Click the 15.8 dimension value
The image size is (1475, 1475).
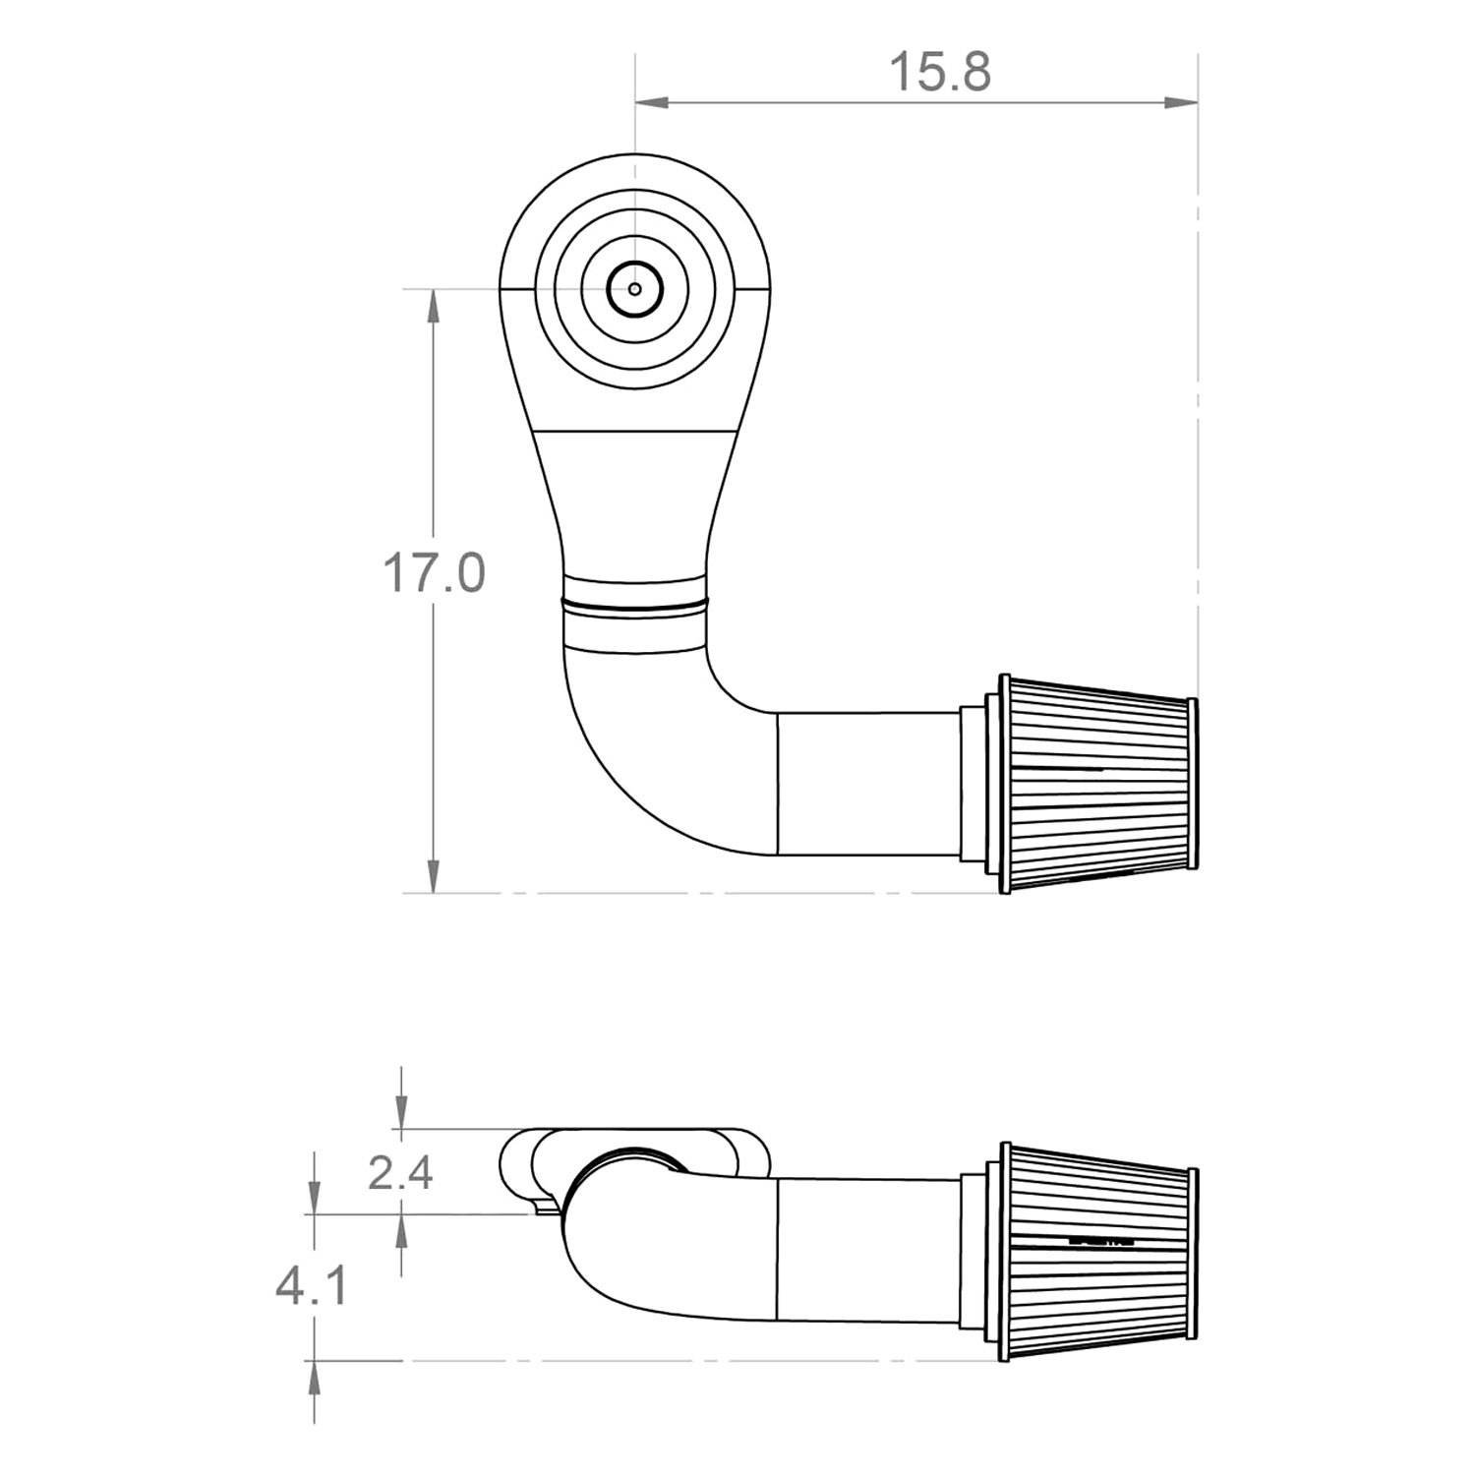coord(939,73)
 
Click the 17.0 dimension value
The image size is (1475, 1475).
coord(434,573)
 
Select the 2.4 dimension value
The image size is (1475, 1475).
coord(400,1172)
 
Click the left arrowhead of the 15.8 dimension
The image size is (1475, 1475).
coord(651,101)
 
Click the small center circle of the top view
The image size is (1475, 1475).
coord(635,289)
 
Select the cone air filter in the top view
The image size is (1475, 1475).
coord(1096,784)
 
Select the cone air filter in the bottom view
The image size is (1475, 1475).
coord(1096,1252)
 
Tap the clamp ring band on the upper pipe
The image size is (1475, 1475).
coord(635,601)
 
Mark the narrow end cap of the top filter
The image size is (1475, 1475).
coord(1193,784)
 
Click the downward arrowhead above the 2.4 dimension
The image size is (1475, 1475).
coord(400,1111)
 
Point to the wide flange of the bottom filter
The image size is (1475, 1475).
coord(1005,1252)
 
